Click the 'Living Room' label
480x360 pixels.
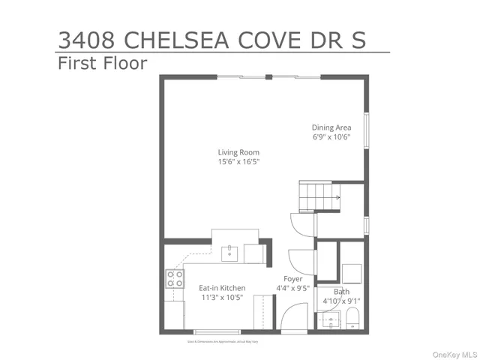(238, 152)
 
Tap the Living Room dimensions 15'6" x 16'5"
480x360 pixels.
(238, 162)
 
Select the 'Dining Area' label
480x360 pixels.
(331, 127)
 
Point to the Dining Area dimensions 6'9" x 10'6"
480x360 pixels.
(331, 137)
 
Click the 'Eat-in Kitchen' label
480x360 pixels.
(222, 288)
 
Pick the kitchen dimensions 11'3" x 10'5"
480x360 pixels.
(222, 298)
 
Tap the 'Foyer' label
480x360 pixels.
(292, 278)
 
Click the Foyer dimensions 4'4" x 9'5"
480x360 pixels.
(292, 288)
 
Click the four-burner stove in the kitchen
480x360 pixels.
(175, 279)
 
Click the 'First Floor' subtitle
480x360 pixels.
(102, 64)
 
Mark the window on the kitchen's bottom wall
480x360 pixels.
(217, 331)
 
